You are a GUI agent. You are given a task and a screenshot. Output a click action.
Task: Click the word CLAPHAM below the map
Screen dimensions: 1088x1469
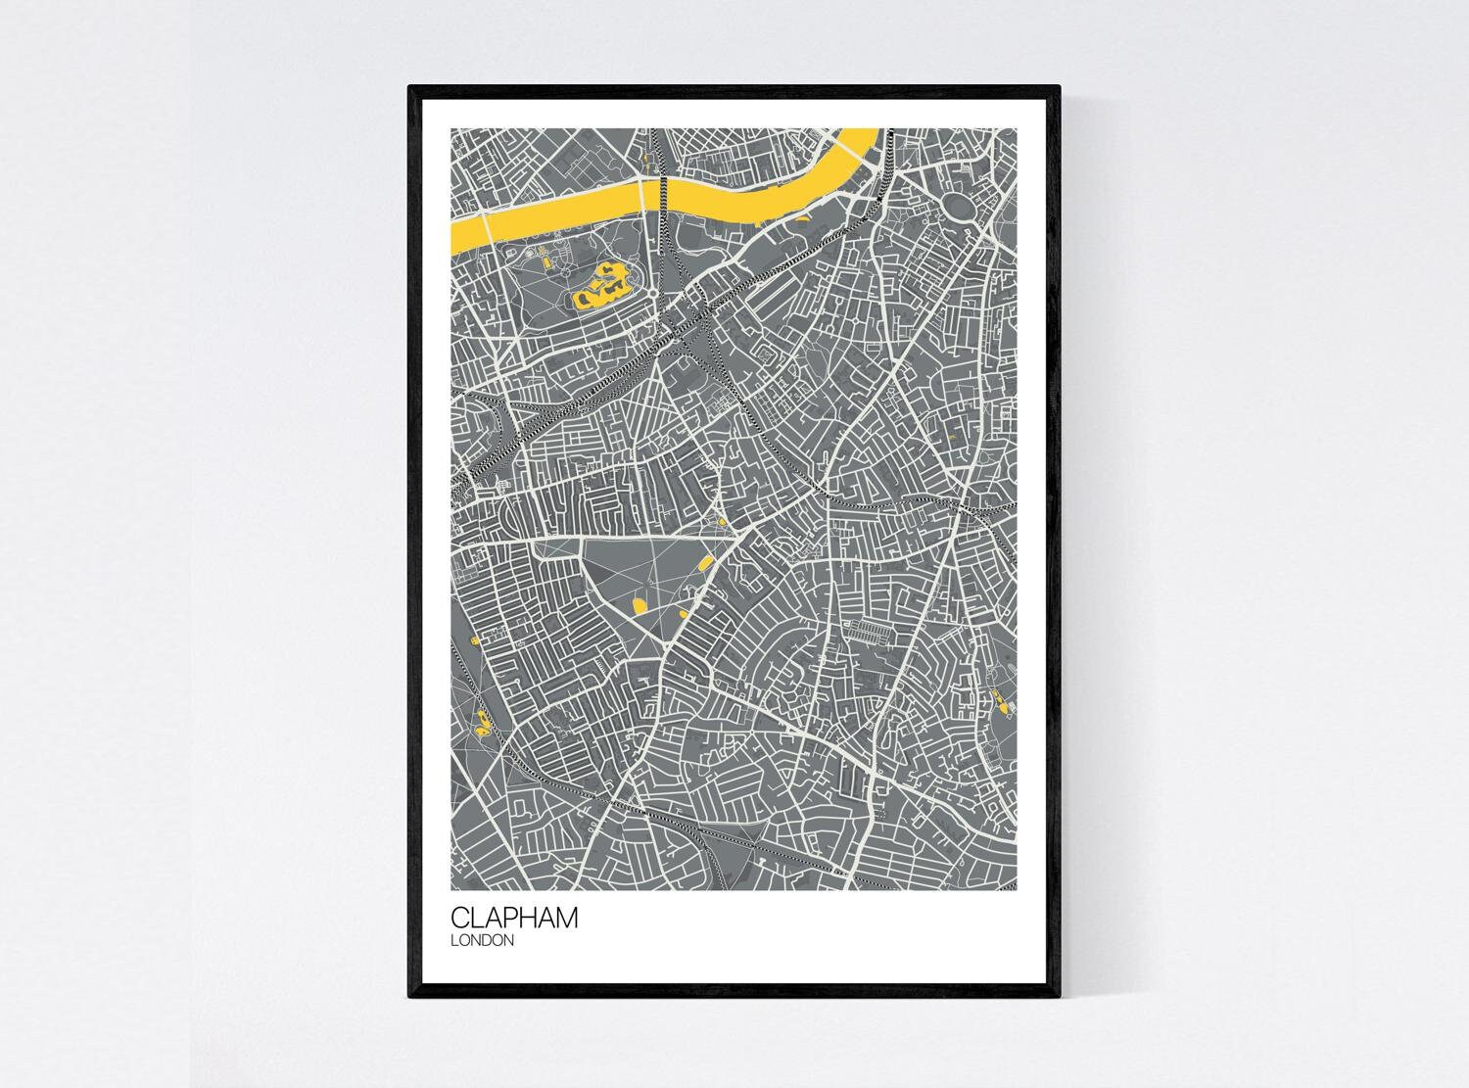click(x=514, y=918)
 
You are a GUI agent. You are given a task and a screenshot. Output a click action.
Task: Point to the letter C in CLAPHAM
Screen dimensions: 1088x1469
click(x=460, y=918)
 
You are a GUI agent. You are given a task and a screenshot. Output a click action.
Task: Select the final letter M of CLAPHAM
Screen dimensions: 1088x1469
click(x=566, y=918)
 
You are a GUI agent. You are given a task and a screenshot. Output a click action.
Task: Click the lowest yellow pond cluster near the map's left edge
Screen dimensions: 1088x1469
click(x=482, y=730)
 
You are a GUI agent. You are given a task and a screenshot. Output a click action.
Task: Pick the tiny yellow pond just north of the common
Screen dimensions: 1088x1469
click(x=722, y=524)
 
